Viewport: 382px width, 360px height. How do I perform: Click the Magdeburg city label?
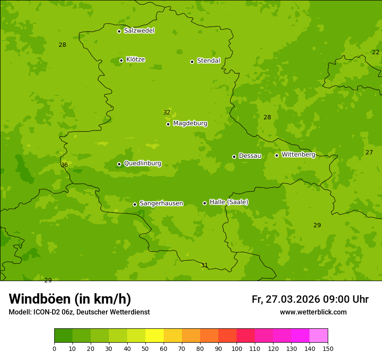click(190, 124)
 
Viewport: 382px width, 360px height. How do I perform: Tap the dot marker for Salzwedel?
click(119, 31)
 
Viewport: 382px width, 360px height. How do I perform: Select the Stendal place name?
click(208, 61)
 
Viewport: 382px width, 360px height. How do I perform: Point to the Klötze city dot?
click(121, 60)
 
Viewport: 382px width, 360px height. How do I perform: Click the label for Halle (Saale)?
click(229, 202)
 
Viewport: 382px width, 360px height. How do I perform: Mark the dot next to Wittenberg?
click(277, 155)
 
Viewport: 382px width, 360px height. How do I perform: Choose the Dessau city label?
click(250, 156)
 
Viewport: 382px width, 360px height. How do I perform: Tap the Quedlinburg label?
click(142, 164)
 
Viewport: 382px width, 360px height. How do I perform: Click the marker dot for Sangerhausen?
click(135, 204)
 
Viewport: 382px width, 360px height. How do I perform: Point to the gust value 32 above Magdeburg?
click(167, 112)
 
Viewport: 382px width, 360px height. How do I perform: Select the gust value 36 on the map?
click(64, 165)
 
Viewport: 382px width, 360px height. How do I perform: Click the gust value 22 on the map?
click(375, 52)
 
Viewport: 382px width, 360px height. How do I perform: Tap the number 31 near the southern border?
click(204, 265)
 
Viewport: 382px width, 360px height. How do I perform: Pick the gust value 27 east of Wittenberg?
click(369, 152)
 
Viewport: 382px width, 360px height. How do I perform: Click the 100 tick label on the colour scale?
click(237, 348)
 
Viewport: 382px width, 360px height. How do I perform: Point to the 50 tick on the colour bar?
click(145, 348)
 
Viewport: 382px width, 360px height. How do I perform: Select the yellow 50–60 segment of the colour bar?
click(155, 336)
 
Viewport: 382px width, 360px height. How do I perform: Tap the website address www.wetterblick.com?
click(313, 312)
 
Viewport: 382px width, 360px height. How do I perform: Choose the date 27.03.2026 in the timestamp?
click(293, 299)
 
